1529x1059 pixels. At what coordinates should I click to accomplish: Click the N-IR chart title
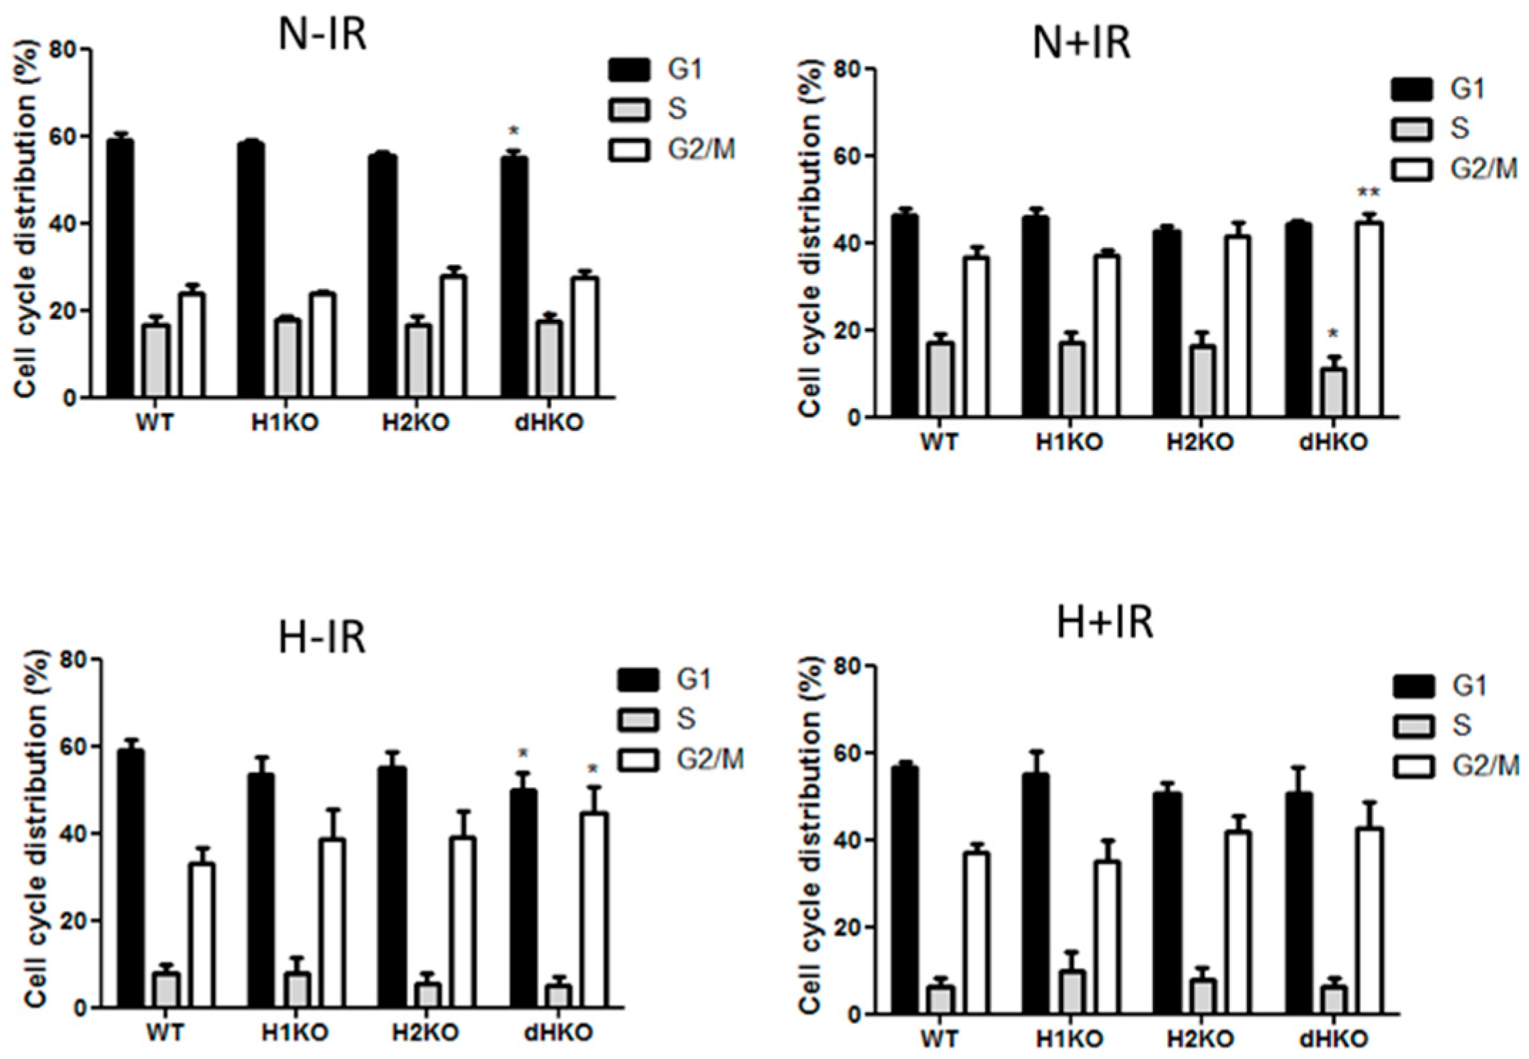(322, 33)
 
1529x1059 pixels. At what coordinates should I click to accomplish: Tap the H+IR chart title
(1104, 621)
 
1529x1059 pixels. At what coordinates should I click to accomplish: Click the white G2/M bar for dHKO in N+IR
(1369, 320)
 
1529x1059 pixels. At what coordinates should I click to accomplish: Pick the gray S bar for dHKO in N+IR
(1333, 392)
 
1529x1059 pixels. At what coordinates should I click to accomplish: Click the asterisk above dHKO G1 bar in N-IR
(513, 131)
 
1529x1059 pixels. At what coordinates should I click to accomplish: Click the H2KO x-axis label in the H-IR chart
(425, 1032)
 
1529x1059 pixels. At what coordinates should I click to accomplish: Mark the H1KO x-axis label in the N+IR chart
(1068, 442)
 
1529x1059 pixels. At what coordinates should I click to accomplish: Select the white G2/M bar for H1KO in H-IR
(332, 923)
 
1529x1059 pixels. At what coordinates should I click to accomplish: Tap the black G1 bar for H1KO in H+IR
(1035, 894)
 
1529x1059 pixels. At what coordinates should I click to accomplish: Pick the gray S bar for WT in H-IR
(166, 990)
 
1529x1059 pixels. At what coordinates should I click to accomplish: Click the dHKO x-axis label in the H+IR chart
(1333, 1039)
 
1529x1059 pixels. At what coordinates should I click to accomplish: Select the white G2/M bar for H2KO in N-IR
(453, 335)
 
